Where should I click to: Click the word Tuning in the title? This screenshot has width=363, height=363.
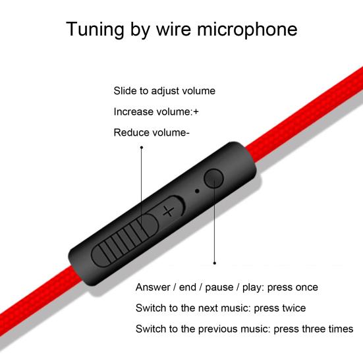pyautogui.click(x=95, y=30)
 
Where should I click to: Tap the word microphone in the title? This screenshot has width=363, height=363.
pyautogui.click(x=247, y=30)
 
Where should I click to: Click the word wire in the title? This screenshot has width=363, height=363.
pyautogui.click(x=174, y=30)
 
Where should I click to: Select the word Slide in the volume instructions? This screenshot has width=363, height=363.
pyautogui.click(x=125, y=90)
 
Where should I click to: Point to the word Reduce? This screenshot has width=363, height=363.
pyautogui.click(x=130, y=132)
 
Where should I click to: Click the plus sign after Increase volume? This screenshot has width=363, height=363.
pyautogui.click(x=196, y=112)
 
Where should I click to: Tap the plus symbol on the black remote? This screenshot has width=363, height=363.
pyautogui.click(x=169, y=211)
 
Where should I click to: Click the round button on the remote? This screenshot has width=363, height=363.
pyautogui.click(x=213, y=178)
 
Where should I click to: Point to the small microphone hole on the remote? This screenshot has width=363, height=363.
pyautogui.click(x=197, y=191)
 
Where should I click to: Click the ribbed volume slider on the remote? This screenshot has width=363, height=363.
pyautogui.click(x=125, y=240)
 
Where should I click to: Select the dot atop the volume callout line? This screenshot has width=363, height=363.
pyautogui.click(x=142, y=148)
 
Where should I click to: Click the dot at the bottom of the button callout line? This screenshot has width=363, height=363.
pyautogui.click(x=215, y=263)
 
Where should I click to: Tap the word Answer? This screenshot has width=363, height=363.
pyautogui.click(x=153, y=287)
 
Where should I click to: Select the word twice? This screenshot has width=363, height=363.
pyautogui.click(x=294, y=308)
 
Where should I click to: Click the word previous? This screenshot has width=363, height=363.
pyautogui.click(x=217, y=329)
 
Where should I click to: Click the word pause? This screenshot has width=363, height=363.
pyautogui.click(x=219, y=288)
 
